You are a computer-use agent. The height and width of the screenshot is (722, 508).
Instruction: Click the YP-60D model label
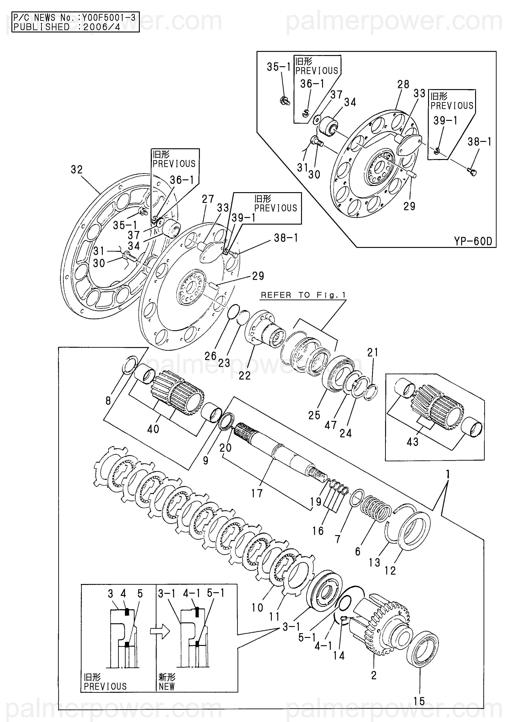473,241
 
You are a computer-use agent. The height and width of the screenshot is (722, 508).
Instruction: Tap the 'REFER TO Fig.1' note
303,295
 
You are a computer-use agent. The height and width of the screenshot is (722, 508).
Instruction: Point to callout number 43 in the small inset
413,442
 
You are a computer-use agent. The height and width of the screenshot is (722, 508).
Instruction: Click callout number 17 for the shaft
257,493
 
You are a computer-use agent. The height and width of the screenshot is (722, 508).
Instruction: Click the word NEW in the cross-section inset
166,686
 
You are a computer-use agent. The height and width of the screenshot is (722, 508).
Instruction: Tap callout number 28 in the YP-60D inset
403,84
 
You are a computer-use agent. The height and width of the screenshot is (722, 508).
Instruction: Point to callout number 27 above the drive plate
208,199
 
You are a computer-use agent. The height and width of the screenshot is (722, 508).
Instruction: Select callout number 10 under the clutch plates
257,608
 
